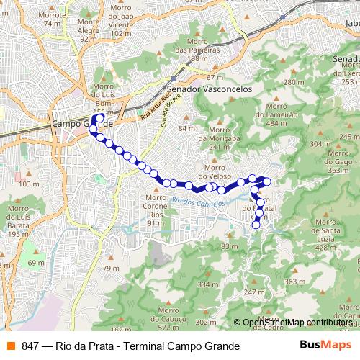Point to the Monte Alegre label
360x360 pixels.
click(x=88, y=28)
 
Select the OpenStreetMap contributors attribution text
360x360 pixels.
click(x=297, y=323)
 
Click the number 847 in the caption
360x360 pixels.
click(x=30, y=346)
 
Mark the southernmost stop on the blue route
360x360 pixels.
click(x=255, y=225)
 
